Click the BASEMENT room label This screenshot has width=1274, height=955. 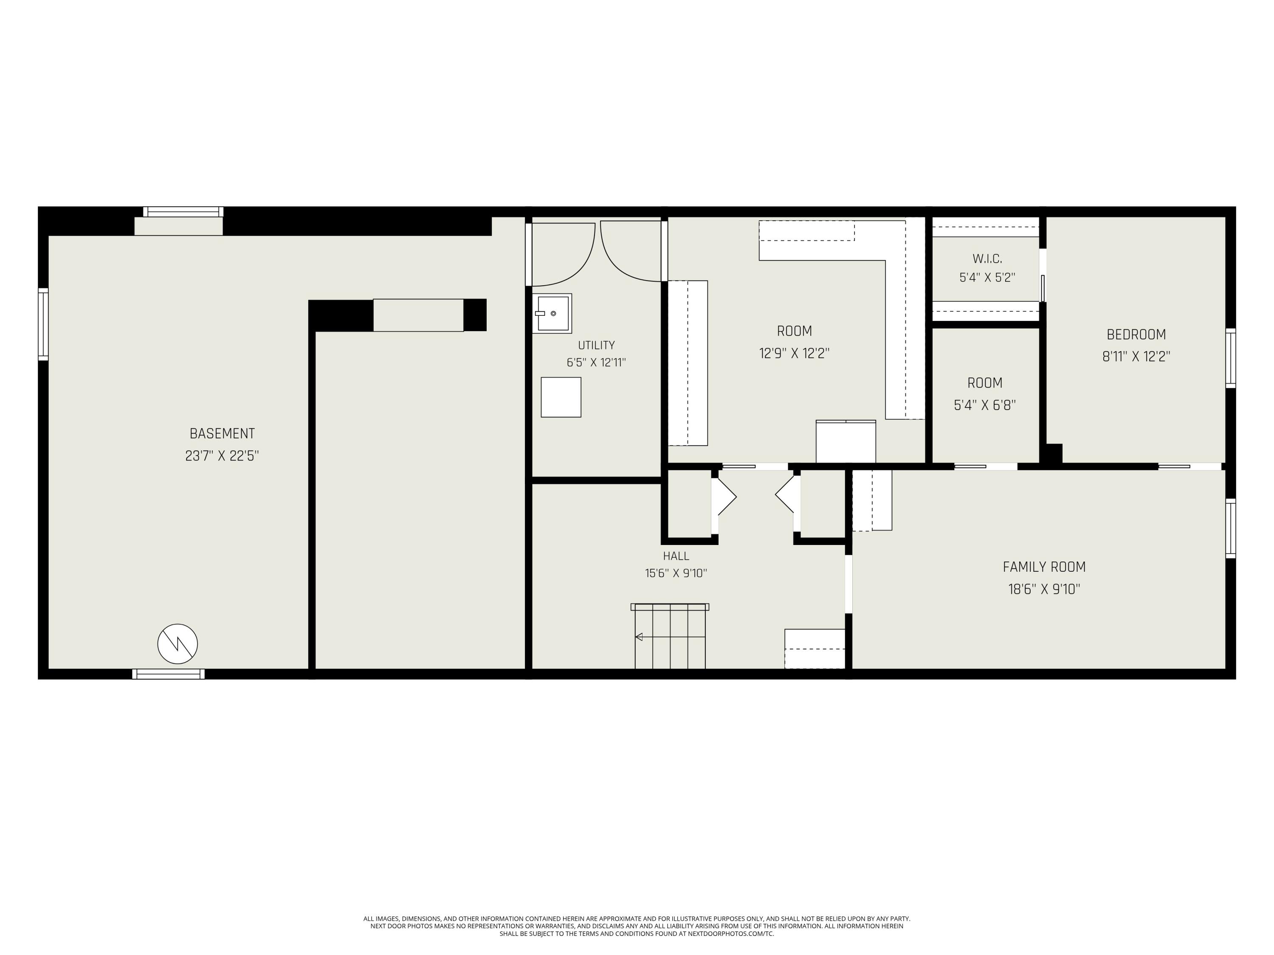click(223, 433)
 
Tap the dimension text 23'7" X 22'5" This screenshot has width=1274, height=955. click(223, 456)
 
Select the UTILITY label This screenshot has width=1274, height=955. click(596, 345)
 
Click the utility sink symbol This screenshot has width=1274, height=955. click(552, 313)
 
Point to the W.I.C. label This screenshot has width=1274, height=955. click(987, 259)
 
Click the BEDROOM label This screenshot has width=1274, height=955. click(1136, 334)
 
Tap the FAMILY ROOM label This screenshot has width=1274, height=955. click(1044, 567)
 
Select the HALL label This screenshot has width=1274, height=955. click(676, 556)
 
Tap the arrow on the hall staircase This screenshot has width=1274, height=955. click(670, 637)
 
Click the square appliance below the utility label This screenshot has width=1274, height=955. click(561, 397)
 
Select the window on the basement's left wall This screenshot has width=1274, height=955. click(43, 325)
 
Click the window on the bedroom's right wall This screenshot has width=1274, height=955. click(1230, 358)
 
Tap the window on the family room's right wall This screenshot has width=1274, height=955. click(1230, 528)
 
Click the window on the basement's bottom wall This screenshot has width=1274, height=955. click(168, 674)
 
